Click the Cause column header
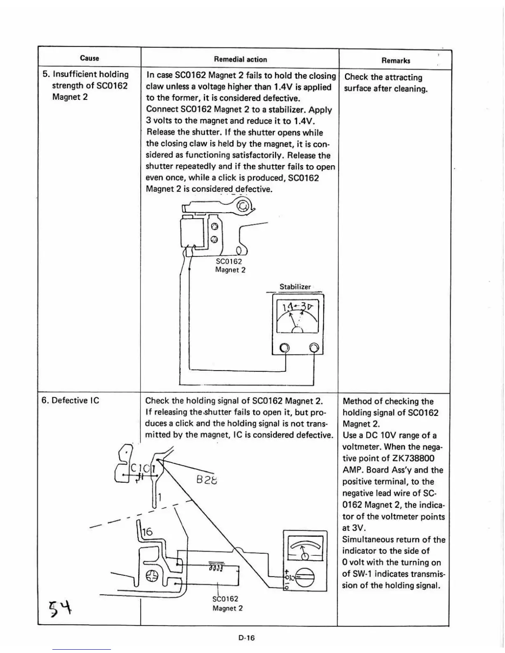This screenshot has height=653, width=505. coord(90,58)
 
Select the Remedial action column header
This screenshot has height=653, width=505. coord(240,59)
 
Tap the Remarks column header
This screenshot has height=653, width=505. coord(396,61)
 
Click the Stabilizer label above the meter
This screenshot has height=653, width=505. coord(295,287)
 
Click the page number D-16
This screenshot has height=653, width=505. coord(246,638)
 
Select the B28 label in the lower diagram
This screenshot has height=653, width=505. coord(207,480)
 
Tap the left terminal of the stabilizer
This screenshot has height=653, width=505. coord(285,348)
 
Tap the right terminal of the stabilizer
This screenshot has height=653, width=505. coord(314,348)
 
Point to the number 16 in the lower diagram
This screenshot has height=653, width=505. coord(147,533)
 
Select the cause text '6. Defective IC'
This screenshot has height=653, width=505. coord(71,400)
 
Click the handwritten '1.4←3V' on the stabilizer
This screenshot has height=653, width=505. coord(297,307)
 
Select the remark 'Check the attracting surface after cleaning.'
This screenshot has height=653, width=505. coord(385,83)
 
